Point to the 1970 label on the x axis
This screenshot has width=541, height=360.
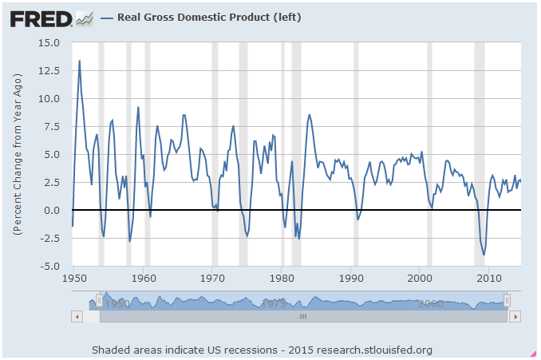coord(213,278)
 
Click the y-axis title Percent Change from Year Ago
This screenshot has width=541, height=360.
coord(18,155)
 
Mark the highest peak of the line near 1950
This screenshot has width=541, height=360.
coord(79,61)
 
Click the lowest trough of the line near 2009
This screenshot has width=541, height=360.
coord(484,255)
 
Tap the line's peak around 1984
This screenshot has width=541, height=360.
coord(310,115)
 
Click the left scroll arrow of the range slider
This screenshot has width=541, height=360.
coord(78,317)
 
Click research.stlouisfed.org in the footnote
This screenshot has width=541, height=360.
coord(375,350)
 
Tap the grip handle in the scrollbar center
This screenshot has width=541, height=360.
coord(302,317)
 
